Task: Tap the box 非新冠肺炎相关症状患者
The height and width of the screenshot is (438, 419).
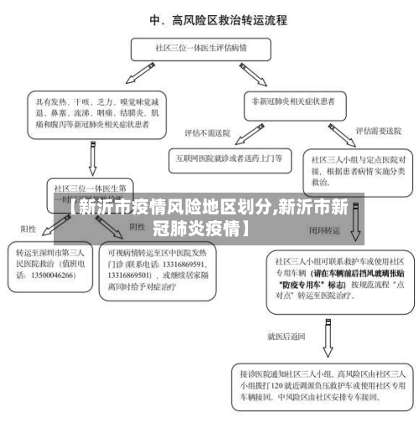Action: tap(293, 101)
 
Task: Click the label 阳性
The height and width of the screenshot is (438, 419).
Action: tap(28, 227)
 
